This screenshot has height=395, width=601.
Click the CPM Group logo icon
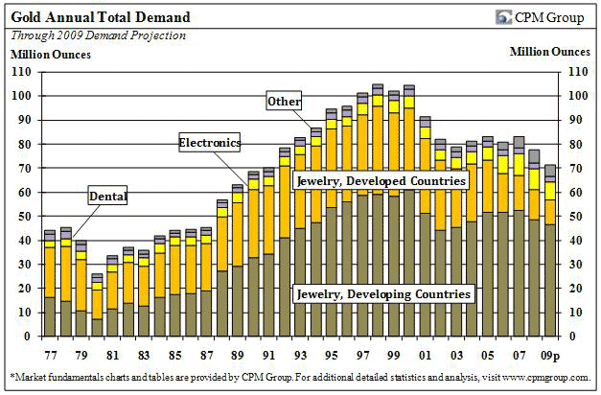pos(503,17)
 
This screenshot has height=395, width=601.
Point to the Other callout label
pos(285,102)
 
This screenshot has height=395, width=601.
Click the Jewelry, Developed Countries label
pos(381,180)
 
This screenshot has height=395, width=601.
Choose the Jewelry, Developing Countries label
pos(383,293)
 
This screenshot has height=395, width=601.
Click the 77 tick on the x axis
pos(49,351)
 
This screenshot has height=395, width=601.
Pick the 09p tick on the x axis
pos(550,351)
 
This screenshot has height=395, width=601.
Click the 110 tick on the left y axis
pos(21,72)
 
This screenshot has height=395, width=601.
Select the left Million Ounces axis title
pos(50,53)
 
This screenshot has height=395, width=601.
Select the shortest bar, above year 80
pos(96,305)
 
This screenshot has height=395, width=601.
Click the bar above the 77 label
pos(49,284)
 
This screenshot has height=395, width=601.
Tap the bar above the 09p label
pos(550,251)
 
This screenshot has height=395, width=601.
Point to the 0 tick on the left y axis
pos(28,337)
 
